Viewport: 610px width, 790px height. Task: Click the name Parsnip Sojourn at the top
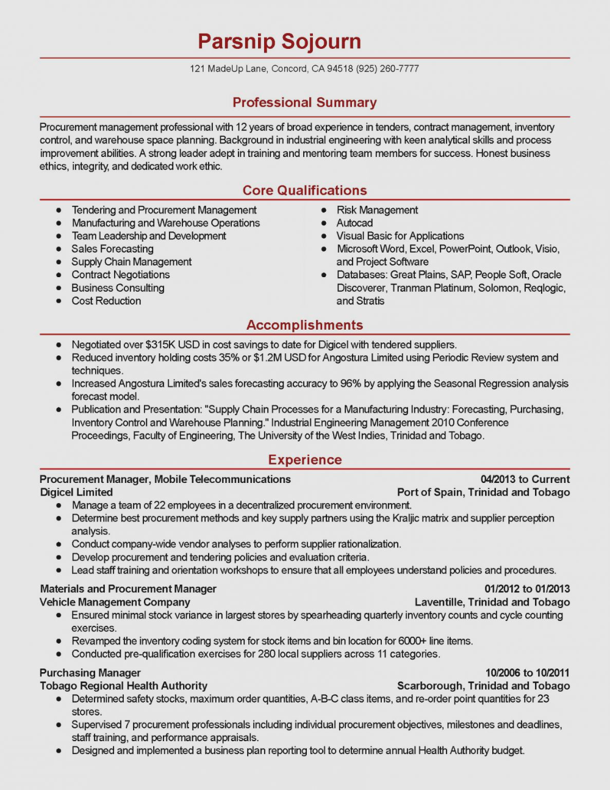[279, 41]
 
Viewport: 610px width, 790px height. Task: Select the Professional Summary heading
[304, 103]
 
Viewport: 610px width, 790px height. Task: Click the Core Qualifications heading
[304, 190]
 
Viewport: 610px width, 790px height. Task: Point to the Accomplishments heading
[304, 325]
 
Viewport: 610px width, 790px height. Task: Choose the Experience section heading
[304, 460]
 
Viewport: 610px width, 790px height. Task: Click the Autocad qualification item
[354, 223]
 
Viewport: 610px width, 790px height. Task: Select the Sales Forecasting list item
[112, 248]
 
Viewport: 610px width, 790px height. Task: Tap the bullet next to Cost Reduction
[59, 301]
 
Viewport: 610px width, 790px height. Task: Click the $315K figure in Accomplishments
[160, 344]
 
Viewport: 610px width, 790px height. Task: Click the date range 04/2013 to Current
[525, 479]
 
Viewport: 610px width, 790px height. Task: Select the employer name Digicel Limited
[76, 492]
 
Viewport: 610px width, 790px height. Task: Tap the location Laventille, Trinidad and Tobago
[492, 602]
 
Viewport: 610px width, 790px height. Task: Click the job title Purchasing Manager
[90, 673]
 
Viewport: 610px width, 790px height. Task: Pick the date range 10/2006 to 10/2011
[527, 673]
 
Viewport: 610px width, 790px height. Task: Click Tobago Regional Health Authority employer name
[123, 686]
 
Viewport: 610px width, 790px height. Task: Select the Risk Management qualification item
[377, 210]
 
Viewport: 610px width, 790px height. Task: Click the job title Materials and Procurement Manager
[128, 589]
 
